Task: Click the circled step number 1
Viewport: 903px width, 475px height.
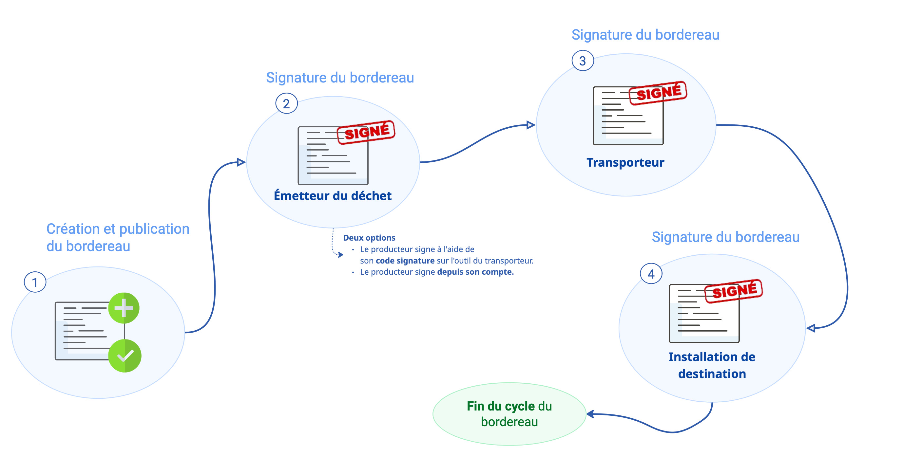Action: pyautogui.click(x=35, y=282)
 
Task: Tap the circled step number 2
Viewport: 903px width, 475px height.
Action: pyautogui.click(x=286, y=104)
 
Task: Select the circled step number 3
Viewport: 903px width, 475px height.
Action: pyautogui.click(x=583, y=61)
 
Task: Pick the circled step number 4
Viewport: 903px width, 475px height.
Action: pyautogui.click(x=651, y=274)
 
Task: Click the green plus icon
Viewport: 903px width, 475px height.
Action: pyautogui.click(x=124, y=308)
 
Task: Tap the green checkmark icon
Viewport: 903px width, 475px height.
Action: pyautogui.click(x=125, y=356)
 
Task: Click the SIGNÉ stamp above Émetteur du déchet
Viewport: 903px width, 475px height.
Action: pyautogui.click(x=366, y=132)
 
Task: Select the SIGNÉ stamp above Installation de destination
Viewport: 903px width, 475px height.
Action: pyautogui.click(x=734, y=291)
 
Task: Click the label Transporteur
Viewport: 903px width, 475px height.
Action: pyautogui.click(x=625, y=163)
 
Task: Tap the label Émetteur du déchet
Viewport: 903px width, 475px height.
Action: pyautogui.click(x=332, y=196)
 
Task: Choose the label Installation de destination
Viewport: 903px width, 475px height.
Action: pyautogui.click(x=712, y=365)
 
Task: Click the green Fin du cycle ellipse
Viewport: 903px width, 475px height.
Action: pyautogui.click(x=509, y=414)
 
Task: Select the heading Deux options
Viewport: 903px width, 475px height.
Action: pyautogui.click(x=369, y=238)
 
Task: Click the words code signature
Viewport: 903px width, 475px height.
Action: pyautogui.click(x=405, y=261)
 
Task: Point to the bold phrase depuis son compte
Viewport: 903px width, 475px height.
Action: pyautogui.click(x=475, y=272)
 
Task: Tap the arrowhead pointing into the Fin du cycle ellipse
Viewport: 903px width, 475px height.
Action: pyautogui.click(x=590, y=414)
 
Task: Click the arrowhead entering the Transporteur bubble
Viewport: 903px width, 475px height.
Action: pyautogui.click(x=531, y=125)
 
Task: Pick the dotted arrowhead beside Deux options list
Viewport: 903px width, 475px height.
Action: pyautogui.click(x=340, y=255)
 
